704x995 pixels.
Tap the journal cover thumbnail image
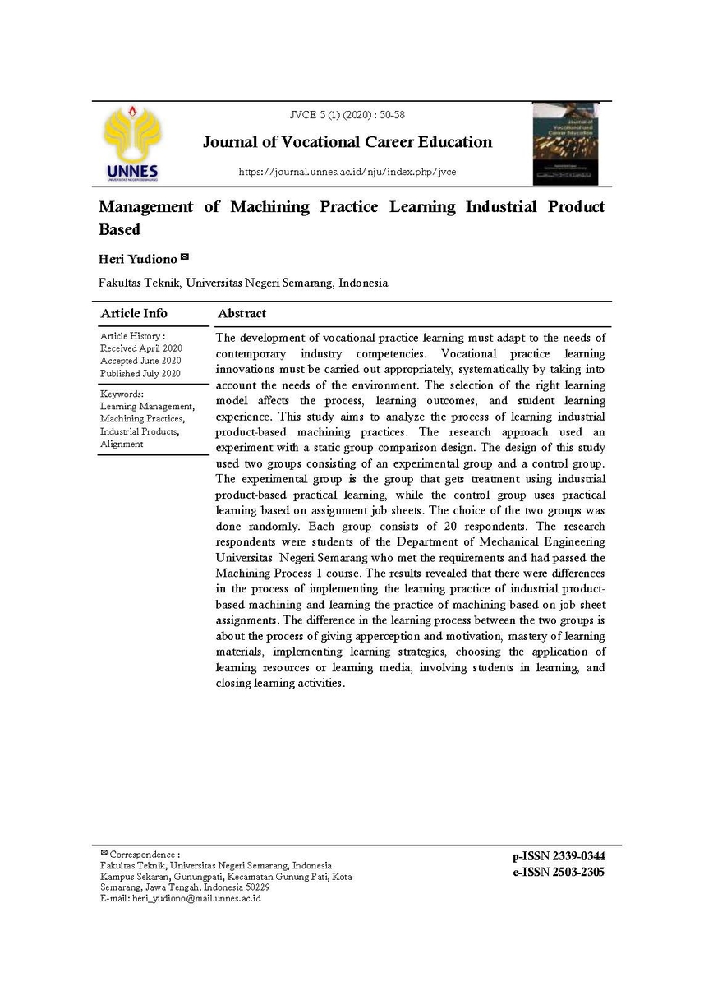[564, 143]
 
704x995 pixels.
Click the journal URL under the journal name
[347, 172]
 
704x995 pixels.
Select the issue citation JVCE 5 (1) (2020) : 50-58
[347, 115]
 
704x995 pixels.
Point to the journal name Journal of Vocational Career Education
[347, 142]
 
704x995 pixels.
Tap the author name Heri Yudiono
[137, 259]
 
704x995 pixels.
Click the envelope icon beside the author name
[185, 257]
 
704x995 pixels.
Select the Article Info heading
[133, 313]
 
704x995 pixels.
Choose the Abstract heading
[242, 313]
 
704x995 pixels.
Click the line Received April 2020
[140, 348]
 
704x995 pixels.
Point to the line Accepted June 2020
[140, 361]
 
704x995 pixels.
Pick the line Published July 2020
[140, 373]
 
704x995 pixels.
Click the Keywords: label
[122, 394]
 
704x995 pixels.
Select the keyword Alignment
[122, 444]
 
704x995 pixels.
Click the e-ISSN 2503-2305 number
[558, 873]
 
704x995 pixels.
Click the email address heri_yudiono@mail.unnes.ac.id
[196, 899]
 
